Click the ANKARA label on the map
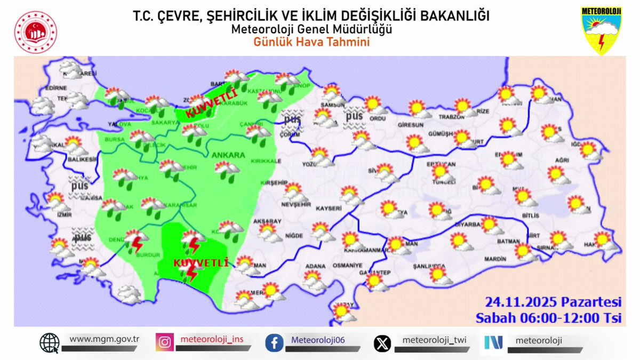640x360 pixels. [228, 155]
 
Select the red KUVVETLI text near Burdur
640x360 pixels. [201, 263]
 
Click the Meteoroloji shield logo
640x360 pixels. [601, 30]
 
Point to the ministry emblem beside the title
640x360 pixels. [36, 32]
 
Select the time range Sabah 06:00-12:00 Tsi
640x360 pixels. [549, 318]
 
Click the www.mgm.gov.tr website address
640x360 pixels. [104, 339]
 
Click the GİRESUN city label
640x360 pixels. [410, 125]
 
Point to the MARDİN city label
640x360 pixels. [496, 259]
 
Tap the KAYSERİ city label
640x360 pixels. [329, 207]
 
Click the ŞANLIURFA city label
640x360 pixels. [429, 266]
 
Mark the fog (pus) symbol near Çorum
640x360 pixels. [292, 121]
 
